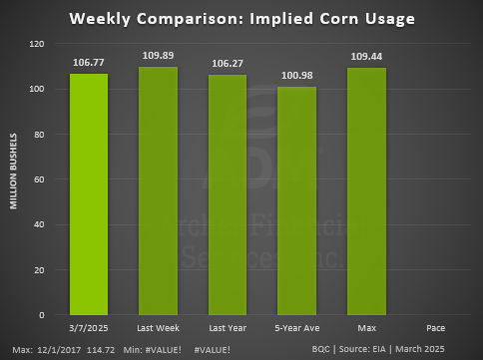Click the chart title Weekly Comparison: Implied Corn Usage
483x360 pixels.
click(x=241, y=18)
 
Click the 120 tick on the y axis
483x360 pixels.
click(x=37, y=44)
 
